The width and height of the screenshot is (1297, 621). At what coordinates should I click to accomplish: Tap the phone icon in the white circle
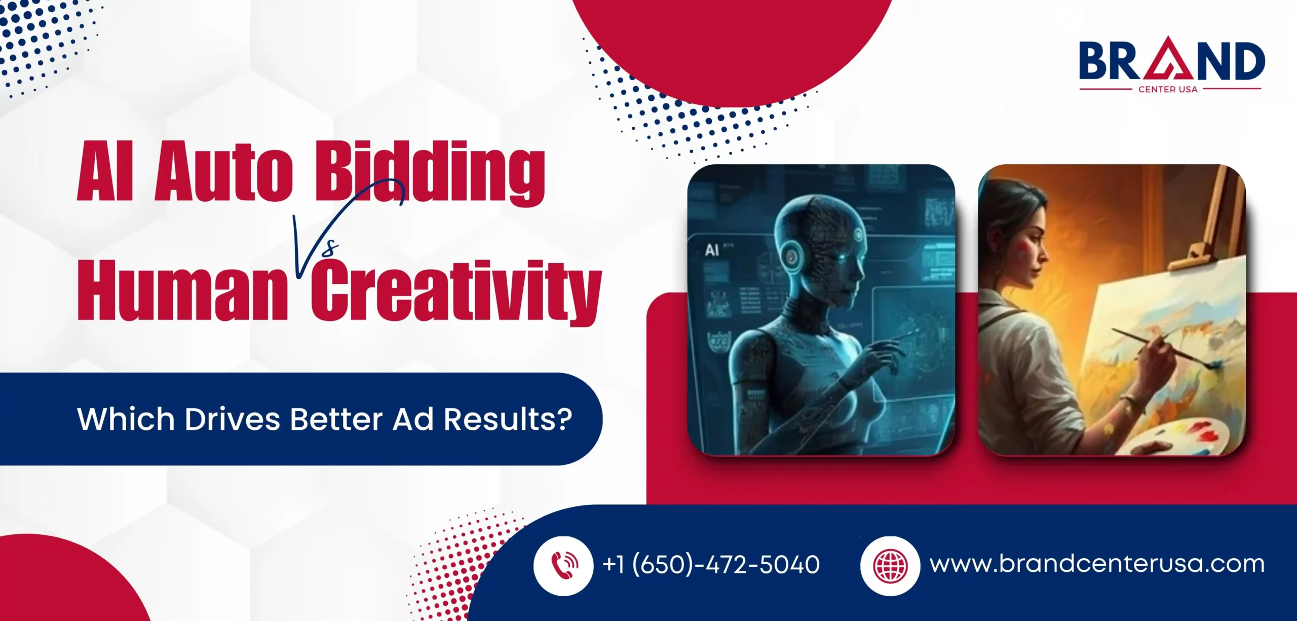(563, 565)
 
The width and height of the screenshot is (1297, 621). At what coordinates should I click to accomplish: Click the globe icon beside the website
(890, 565)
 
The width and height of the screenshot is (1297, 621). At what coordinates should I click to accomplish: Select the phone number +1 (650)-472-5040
(711, 564)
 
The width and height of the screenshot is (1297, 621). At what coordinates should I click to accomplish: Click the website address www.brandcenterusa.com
(1097, 564)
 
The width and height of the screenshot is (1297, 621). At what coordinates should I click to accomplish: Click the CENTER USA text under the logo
(1168, 89)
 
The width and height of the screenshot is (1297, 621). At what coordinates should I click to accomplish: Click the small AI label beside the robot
(712, 249)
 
